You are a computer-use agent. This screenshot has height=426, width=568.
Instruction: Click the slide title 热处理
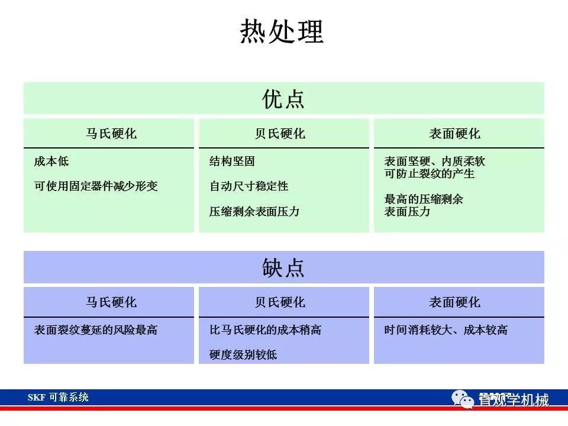click(x=282, y=31)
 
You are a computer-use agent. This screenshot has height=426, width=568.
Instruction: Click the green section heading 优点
click(x=283, y=99)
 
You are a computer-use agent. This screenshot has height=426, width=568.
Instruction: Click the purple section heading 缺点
click(x=283, y=268)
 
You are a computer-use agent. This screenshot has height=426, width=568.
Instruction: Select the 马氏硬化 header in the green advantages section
click(x=111, y=134)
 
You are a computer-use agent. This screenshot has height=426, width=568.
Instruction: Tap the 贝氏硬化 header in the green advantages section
click(x=280, y=134)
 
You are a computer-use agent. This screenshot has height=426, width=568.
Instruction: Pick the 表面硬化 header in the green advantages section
click(x=454, y=134)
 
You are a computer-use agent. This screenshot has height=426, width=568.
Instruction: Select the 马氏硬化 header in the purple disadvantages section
click(x=111, y=302)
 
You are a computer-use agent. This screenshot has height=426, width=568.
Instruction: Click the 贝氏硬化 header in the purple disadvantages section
click(x=280, y=302)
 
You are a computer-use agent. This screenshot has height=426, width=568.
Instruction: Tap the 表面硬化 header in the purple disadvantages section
click(x=454, y=302)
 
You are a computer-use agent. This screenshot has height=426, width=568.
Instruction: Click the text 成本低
click(x=51, y=162)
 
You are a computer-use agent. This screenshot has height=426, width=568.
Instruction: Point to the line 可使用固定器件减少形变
click(x=96, y=186)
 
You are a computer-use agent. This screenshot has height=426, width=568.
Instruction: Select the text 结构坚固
click(x=232, y=162)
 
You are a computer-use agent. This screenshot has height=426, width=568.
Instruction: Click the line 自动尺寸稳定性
click(x=248, y=186)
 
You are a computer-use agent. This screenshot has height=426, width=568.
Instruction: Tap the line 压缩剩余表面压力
click(x=254, y=211)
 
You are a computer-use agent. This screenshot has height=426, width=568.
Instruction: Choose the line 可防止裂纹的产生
click(x=429, y=174)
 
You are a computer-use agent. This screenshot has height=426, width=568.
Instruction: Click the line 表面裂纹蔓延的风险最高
click(x=96, y=330)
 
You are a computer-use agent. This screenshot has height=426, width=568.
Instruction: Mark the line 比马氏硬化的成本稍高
click(x=265, y=330)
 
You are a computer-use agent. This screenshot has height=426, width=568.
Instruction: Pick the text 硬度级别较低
click(x=243, y=355)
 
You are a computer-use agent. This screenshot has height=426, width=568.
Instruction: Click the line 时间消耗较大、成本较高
click(x=446, y=330)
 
